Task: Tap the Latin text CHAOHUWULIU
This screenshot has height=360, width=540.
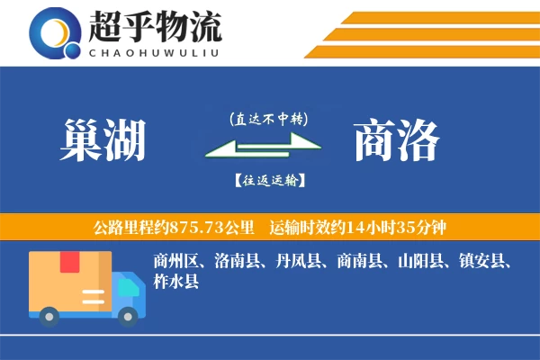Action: tap(155, 51)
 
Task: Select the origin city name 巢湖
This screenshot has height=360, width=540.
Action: tap(102, 140)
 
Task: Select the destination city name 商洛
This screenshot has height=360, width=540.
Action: tap(397, 140)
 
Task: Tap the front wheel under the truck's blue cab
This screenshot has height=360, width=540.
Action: tap(129, 314)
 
